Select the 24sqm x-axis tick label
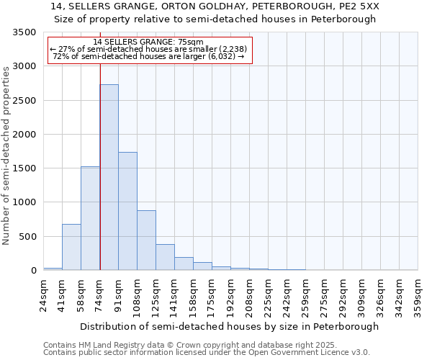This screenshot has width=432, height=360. point(44,295)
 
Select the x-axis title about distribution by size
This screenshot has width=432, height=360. point(229,326)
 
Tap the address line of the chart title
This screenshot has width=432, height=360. point(216,6)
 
